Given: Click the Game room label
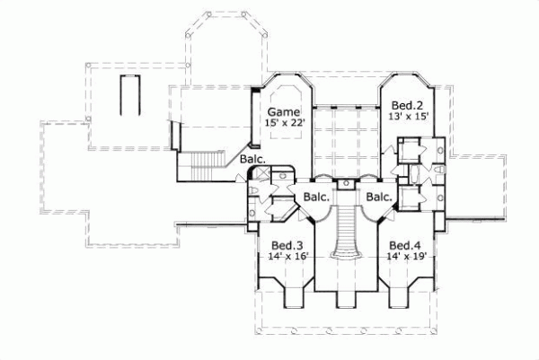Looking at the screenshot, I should coord(280,110).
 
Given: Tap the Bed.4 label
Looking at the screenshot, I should coord(405,245).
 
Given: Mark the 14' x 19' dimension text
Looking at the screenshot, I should coord(405,256).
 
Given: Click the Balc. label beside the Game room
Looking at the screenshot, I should coord(252,161).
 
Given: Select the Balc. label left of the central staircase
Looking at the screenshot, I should coord(315,197).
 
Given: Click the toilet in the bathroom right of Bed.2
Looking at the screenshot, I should coord(439,170).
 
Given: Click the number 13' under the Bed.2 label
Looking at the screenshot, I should coord(396,117).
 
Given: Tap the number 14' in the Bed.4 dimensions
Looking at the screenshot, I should coord(394,256).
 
